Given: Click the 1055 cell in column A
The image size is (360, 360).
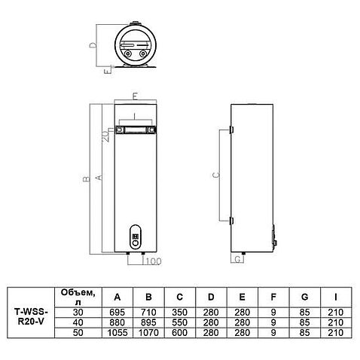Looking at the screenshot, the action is pos(117,333).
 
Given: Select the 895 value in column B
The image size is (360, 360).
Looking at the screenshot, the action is pos(148,322).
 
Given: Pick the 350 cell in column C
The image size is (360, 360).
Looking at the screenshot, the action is pos(180,313).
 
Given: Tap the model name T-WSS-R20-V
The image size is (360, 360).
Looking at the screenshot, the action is pos(31,317).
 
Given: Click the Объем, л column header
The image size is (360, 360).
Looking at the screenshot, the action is pos(78,297).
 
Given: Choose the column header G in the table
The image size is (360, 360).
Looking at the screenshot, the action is pos(304,297).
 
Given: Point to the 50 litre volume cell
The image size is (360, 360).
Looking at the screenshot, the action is pos(78,333).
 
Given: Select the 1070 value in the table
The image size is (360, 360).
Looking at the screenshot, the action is pos(148,333).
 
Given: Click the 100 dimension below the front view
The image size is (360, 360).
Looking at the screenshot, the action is pos(154,261).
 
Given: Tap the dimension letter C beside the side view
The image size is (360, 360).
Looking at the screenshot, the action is pos(216,175).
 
